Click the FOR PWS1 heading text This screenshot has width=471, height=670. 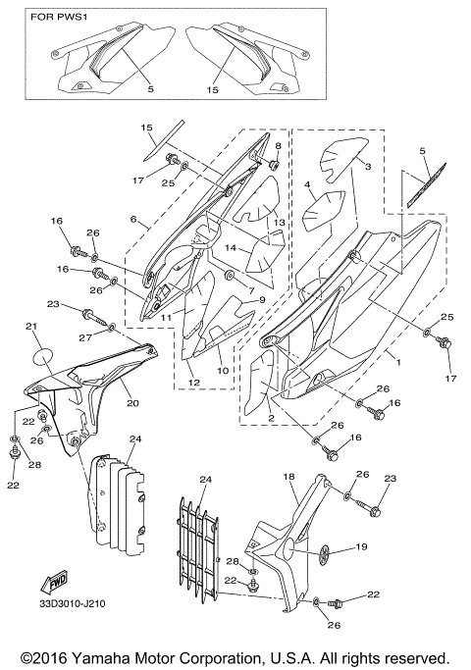57,18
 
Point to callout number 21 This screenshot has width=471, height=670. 30,327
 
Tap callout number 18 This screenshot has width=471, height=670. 289,476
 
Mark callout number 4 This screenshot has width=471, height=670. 307,183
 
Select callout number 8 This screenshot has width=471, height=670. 278,145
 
